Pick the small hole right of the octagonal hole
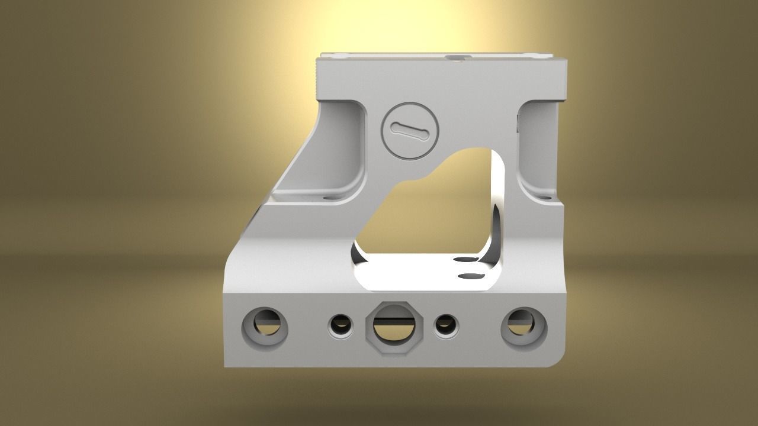[445, 326]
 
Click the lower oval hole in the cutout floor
[471, 275]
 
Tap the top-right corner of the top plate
[566, 59]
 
